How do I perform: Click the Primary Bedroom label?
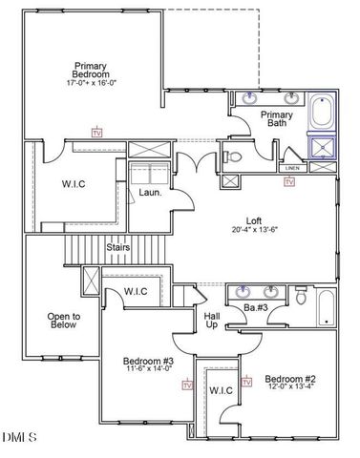click(x=90, y=69)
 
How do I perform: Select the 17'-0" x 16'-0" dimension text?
click(x=90, y=82)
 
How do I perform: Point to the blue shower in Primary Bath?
click(x=323, y=146)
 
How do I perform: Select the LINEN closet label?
click(x=291, y=167)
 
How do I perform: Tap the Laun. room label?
click(x=149, y=192)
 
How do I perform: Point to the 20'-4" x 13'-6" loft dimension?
click(x=254, y=229)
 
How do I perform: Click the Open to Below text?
click(x=63, y=321)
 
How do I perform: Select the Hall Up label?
click(x=212, y=320)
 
